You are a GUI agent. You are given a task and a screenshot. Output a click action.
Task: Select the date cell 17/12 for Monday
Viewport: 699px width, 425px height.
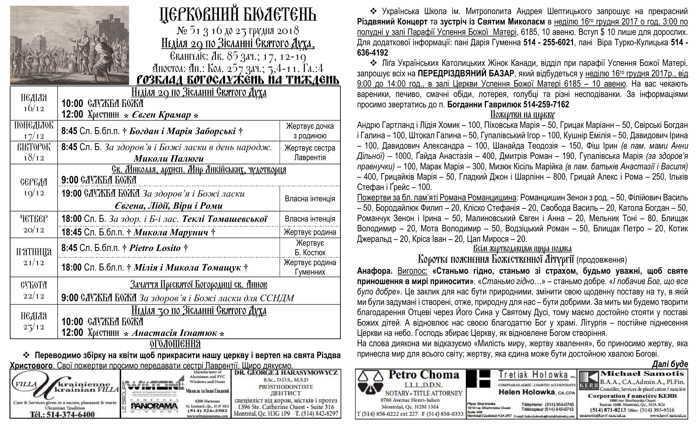[34, 136]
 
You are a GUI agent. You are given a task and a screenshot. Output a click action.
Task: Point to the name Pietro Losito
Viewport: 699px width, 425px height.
[155, 248]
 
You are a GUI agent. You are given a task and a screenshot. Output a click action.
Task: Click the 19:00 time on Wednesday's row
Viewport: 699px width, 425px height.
[71, 193]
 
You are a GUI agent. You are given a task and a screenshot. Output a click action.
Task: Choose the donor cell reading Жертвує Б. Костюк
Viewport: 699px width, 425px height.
[310, 247]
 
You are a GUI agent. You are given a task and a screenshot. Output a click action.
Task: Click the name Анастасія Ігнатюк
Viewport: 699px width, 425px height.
[174, 333]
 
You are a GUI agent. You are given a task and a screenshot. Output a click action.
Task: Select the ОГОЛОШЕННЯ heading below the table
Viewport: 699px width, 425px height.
[175, 344]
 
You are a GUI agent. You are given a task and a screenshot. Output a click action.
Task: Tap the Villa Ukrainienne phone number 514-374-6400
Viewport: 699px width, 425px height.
[62, 414]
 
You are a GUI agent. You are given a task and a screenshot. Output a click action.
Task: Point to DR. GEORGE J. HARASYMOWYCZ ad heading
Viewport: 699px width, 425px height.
[286, 373]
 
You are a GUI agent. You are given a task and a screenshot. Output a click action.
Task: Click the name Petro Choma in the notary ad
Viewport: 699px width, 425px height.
[424, 375]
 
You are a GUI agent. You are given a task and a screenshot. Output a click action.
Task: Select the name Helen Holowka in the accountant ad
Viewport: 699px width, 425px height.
[526, 392]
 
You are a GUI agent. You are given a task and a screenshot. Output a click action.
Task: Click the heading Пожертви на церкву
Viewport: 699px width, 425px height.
[522, 114]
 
